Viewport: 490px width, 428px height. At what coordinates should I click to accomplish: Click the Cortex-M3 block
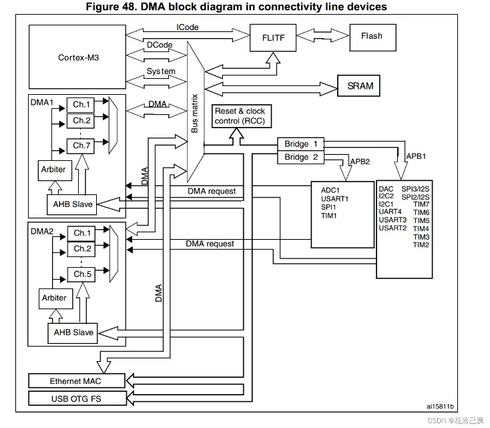(x=77, y=57)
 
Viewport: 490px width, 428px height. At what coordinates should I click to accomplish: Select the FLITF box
(x=273, y=38)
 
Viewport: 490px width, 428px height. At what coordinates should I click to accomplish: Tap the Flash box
(x=373, y=37)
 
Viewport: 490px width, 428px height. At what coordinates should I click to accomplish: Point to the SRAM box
(x=358, y=85)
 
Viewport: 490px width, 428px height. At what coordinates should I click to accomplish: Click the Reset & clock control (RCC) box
(x=242, y=116)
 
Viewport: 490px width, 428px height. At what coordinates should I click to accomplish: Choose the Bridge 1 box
(x=300, y=144)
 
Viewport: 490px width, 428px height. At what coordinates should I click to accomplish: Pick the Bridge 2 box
(x=300, y=158)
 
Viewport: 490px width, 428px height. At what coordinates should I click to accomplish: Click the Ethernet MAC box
(x=77, y=381)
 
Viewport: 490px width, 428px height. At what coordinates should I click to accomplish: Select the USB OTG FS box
(x=77, y=399)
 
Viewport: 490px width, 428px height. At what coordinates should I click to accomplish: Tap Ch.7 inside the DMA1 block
(x=81, y=146)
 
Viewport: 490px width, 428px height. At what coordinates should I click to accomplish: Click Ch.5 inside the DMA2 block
(x=81, y=274)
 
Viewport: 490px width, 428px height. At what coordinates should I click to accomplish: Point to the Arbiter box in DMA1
(x=55, y=170)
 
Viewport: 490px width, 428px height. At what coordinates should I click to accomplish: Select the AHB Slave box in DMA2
(x=73, y=333)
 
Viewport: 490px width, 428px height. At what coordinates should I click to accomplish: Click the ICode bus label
(x=187, y=27)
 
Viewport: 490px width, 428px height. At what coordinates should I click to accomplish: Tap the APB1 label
(x=416, y=156)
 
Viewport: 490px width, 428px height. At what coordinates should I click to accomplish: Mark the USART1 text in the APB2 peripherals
(x=334, y=198)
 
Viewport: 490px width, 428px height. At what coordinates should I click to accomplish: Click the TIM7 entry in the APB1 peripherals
(x=421, y=204)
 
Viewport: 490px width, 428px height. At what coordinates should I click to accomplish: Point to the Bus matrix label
(x=195, y=113)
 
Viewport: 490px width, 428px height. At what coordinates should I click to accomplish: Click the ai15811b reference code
(x=440, y=406)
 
